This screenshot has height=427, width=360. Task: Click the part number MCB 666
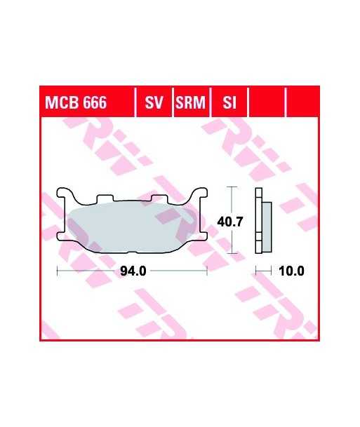pos(76,102)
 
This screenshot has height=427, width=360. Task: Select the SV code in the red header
pos(154,102)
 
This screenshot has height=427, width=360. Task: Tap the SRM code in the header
pos(190,102)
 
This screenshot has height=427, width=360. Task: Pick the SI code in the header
pos(229,102)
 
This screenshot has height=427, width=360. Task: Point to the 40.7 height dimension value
pos(229,222)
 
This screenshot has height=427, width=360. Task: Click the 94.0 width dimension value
pos(133,271)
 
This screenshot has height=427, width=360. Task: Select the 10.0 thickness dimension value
pos(292,271)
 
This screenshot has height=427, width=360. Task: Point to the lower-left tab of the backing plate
pos(62,236)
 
